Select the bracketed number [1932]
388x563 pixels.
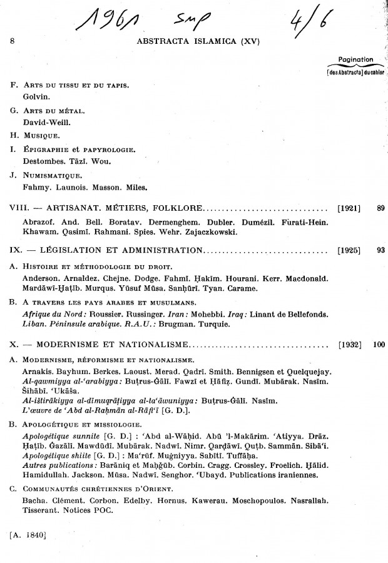click(x=349, y=344)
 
